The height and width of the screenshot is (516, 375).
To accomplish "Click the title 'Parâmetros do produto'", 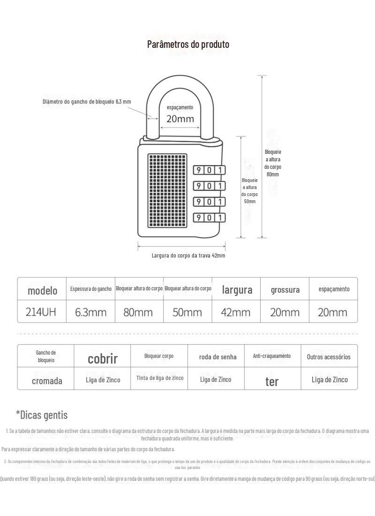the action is click(x=188, y=45).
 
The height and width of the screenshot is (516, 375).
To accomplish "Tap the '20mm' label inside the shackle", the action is click(x=180, y=119).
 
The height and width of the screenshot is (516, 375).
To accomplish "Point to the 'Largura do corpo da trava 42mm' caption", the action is click(x=188, y=256).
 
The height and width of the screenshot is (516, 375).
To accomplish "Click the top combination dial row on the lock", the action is click(x=209, y=170).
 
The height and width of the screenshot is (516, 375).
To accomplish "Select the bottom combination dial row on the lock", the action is click(x=209, y=217).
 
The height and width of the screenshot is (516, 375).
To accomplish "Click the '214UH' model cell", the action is click(x=42, y=312).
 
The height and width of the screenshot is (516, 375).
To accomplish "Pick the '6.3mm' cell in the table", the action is click(x=91, y=312).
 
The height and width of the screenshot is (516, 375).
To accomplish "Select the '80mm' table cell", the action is click(x=138, y=312).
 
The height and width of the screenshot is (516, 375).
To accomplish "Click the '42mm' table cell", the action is click(x=235, y=312).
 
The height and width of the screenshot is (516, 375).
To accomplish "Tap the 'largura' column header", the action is click(x=237, y=290).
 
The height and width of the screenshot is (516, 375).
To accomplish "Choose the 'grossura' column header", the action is click(x=285, y=290).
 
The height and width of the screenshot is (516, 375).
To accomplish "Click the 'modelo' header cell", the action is click(x=42, y=290).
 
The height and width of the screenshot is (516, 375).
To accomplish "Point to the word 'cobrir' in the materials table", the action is click(x=103, y=359).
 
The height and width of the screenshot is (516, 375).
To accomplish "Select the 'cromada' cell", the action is click(x=47, y=380).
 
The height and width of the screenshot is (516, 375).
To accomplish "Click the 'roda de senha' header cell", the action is click(x=218, y=357).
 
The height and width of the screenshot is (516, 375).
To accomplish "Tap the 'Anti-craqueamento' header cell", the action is click(x=272, y=356).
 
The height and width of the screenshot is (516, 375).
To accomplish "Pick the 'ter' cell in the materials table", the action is click(x=272, y=381).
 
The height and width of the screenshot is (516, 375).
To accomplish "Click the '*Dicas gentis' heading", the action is click(x=42, y=415).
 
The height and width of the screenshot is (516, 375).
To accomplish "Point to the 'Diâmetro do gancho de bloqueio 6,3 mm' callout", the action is click(x=87, y=102).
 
